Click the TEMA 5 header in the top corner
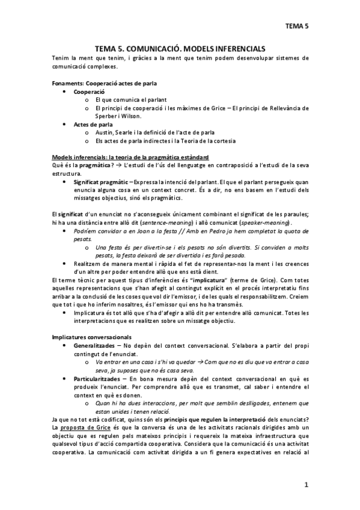(296, 26)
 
